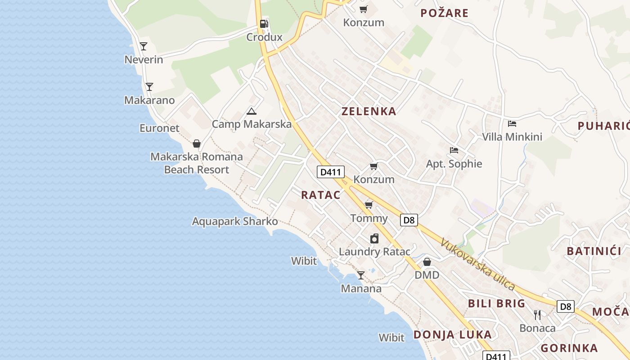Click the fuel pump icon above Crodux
[264, 24]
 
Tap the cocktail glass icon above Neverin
[144, 46]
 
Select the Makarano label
[149, 100]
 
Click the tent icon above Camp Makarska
[252, 111]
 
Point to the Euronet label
[159, 128]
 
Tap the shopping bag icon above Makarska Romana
[196, 144]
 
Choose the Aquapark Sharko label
[235, 221]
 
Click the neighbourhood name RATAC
[321, 195]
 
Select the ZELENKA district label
[369, 112]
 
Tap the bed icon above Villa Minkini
[512, 124]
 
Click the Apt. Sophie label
[454, 164]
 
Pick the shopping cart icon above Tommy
[369, 205]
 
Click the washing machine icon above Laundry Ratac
[374, 238]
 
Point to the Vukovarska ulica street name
[478, 264]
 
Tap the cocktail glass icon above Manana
[361, 275]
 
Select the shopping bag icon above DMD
[427, 261]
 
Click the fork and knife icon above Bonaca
[537, 315]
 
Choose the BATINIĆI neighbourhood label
[594, 251]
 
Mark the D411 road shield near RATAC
[331, 171]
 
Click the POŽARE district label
[445, 13]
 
